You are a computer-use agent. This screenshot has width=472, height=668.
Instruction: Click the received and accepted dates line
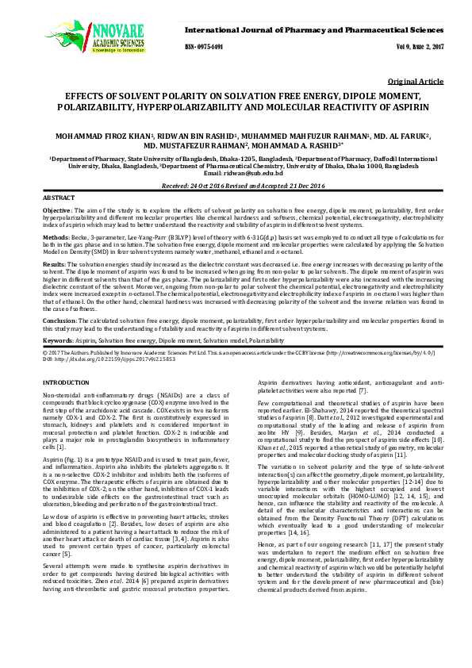[236, 186]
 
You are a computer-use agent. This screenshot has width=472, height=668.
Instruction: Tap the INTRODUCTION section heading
[66, 383]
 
